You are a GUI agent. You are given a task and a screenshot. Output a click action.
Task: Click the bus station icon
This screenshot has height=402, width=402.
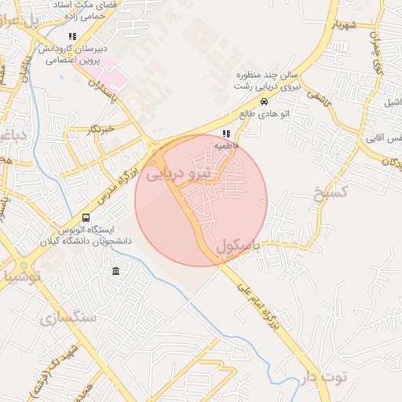coord(85,217)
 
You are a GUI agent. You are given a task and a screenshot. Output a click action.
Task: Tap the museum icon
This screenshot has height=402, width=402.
coord(116,272)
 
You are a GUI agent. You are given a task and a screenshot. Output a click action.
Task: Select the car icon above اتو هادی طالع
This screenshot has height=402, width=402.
coord(264,102)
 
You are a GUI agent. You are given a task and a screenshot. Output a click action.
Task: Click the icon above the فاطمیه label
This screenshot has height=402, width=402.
coord(226,134)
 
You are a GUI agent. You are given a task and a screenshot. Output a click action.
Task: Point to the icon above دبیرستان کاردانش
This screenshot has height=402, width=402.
coord(72,36)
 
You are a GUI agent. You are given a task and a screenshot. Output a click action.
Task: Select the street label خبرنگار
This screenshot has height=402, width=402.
coord(102,128)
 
